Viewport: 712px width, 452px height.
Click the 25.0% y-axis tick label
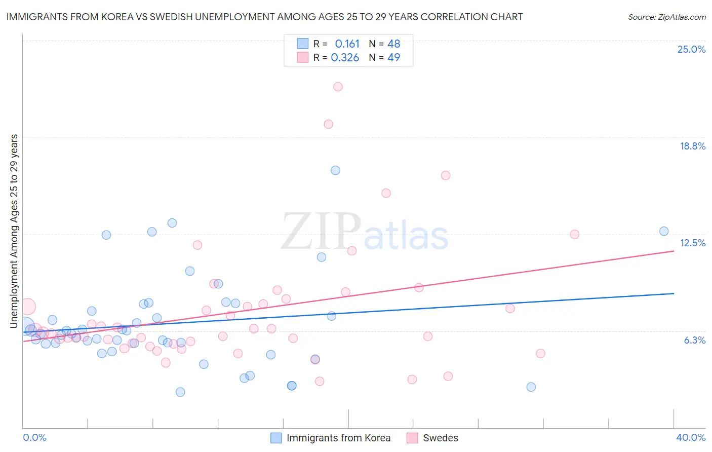691,49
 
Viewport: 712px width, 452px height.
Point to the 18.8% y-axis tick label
692,146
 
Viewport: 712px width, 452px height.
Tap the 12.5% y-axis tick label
692,243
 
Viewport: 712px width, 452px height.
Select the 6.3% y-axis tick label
694,340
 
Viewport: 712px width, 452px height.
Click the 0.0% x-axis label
34,437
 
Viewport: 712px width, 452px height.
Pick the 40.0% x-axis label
691,437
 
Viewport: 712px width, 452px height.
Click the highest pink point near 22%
338,87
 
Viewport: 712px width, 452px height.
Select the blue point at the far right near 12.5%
664,231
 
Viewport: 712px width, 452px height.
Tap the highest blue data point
335,170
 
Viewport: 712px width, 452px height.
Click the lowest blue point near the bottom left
180,392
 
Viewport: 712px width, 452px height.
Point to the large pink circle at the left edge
27,307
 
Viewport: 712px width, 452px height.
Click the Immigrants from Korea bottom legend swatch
276,438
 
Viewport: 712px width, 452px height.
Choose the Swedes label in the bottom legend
440,438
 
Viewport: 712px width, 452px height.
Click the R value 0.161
347,44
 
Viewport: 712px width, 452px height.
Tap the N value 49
393,58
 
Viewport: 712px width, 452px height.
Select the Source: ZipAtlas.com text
666,17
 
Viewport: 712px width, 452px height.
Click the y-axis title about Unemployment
14,231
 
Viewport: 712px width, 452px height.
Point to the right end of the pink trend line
674,251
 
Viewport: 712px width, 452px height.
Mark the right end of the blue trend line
674,293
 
